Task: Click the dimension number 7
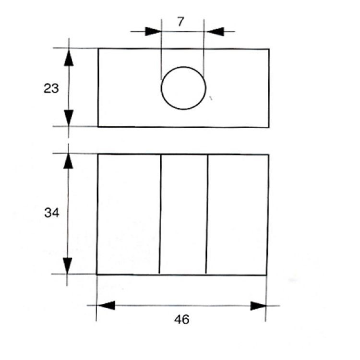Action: pyautogui.click(x=180, y=22)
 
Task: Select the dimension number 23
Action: pyautogui.click(x=51, y=88)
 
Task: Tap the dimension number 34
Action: pyautogui.click(x=52, y=213)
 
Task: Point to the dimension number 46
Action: pyautogui.click(x=181, y=319)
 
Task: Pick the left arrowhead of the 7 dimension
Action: pyautogui.click(x=153, y=32)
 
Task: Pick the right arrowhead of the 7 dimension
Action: pyautogui.click(x=215, y=32)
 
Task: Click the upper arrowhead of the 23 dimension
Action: pyautogui.click(x=69, y=58)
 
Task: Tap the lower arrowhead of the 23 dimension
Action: pyautogui.click(x=69, y=118)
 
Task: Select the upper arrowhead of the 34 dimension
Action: pyautogui.click(x=68, y=161)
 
